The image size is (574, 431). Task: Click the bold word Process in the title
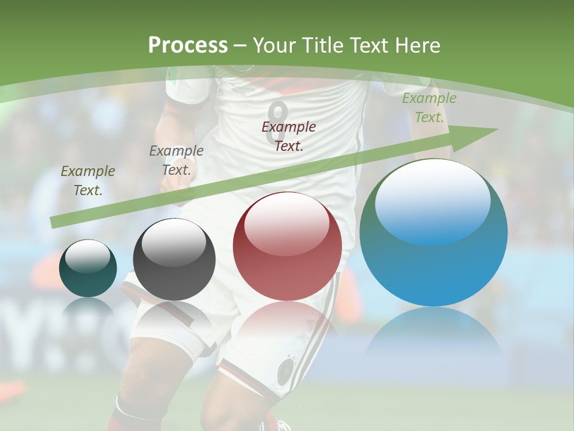[x=188, y=45]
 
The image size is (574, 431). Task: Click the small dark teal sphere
[x=88, y=268]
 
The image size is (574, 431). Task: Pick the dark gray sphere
[x=174, y=259]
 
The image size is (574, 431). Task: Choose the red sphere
[x=288, y=246]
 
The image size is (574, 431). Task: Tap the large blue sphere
[x=433, y=232]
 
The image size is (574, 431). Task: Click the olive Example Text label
[x=88, y=180]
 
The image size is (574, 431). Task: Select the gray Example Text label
[x=176, y=160]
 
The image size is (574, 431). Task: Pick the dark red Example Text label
[x=289, y=136]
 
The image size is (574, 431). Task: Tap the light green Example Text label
[x=429, y=108]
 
